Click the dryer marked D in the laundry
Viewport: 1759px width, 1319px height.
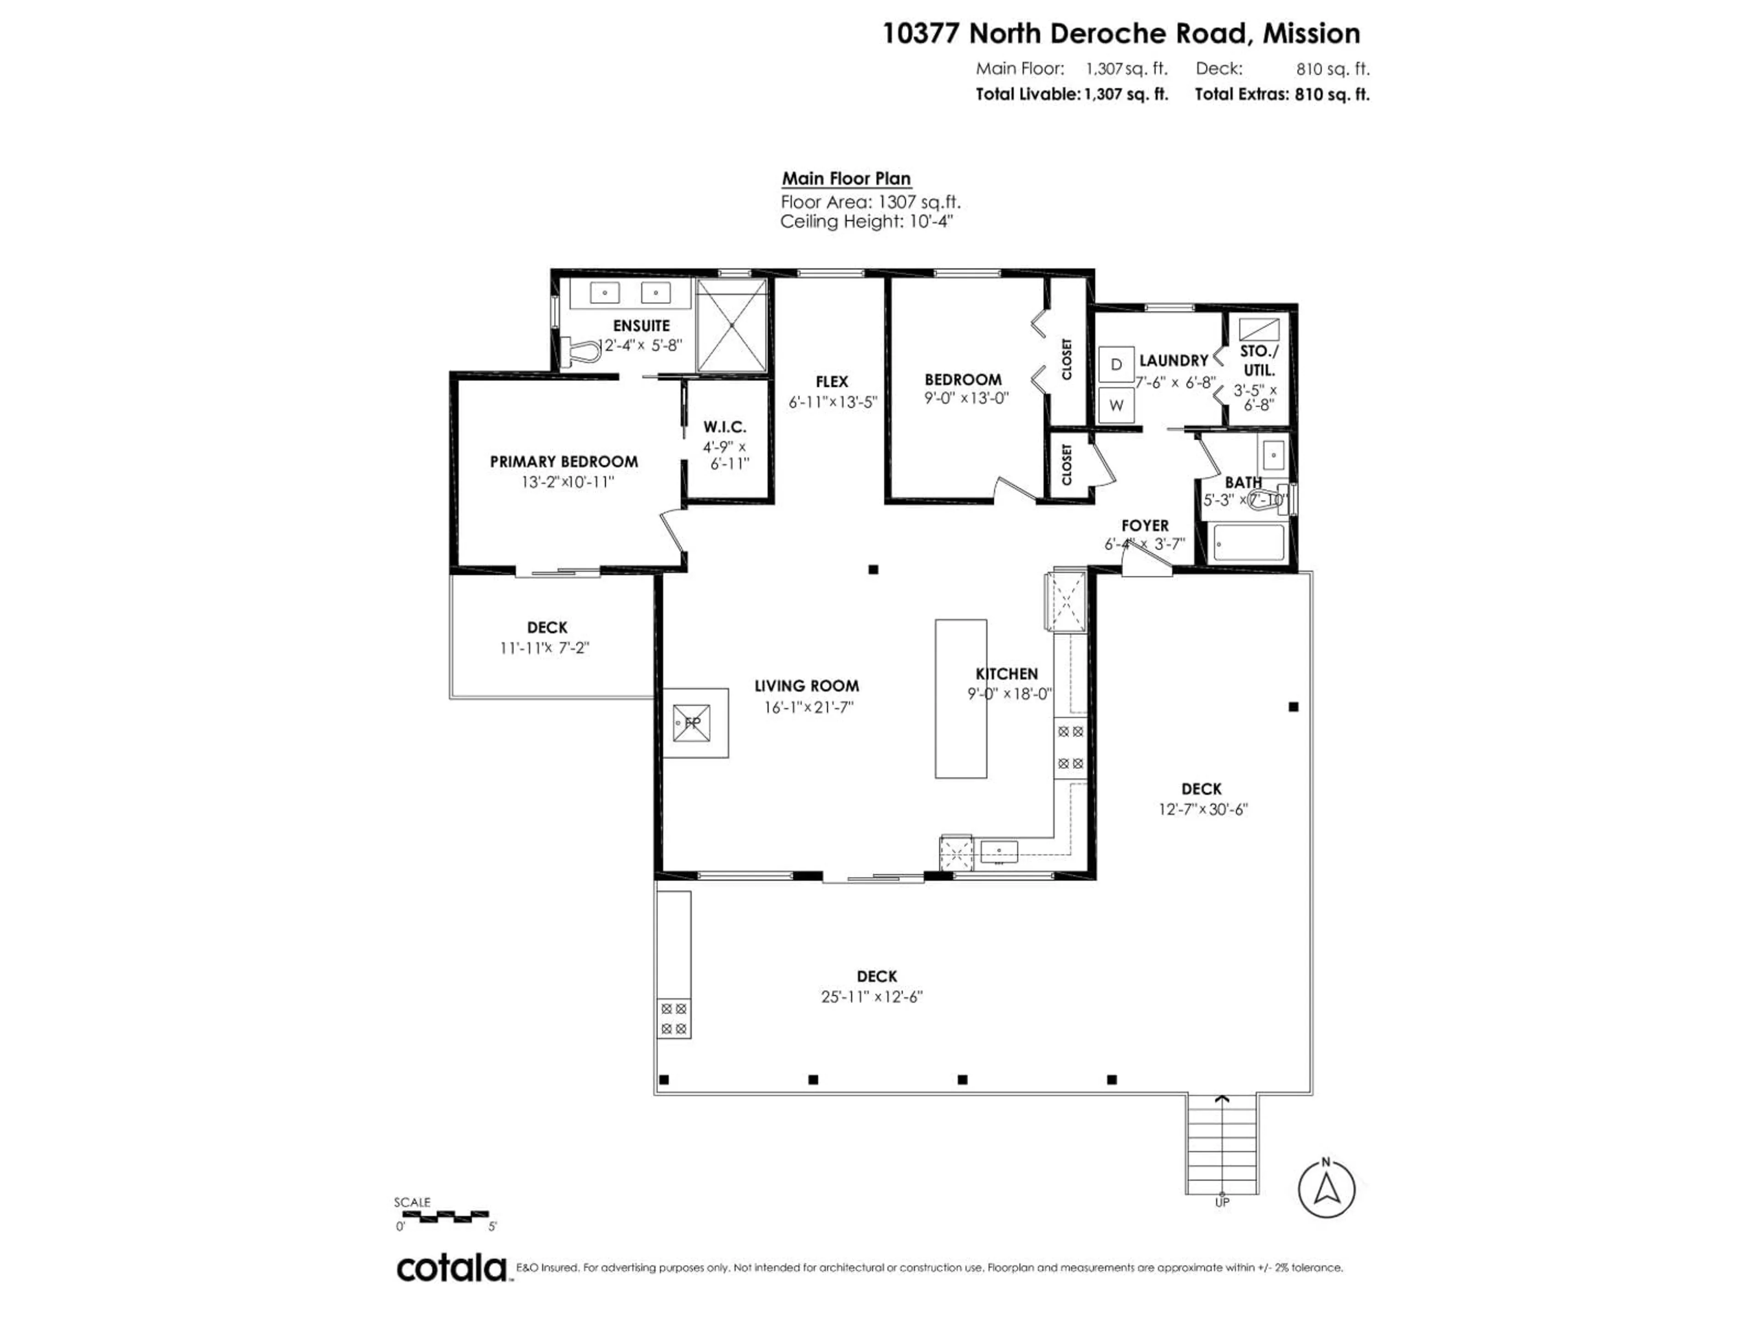tap(1116, 364)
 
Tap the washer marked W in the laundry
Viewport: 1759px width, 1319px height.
tap(1116, 405)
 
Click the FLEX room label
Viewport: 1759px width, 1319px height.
tap(832, 382)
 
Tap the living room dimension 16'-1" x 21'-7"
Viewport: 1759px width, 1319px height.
tap(808, 707)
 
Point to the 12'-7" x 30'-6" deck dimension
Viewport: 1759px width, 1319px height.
tap(1202, 809)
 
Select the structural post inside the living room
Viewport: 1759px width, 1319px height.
tap(873, 569)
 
